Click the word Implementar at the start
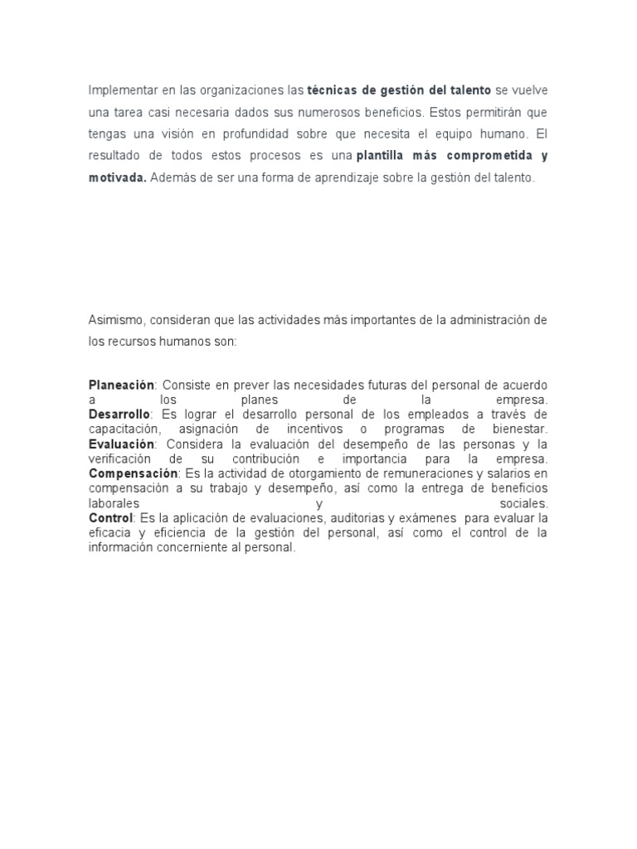tap(120, 90)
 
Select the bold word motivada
tap(117, 177)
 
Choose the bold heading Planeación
tap(122, 385)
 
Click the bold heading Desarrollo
tap(119, 413)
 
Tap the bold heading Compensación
tap(133, 473)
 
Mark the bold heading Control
tap(110, 517)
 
